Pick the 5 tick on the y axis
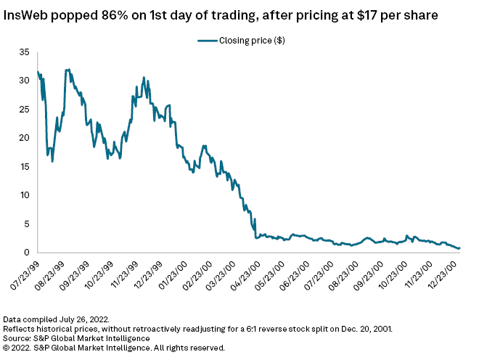pyautogui.click(x=27, y=224)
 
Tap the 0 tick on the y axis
pyautogui.click(x=27, y=253)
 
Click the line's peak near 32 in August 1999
pyautogui.click(x=67, y=70)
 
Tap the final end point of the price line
pyautogui.click(x=459, y=248)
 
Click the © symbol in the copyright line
pyautogui.click(x=7, y=347)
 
